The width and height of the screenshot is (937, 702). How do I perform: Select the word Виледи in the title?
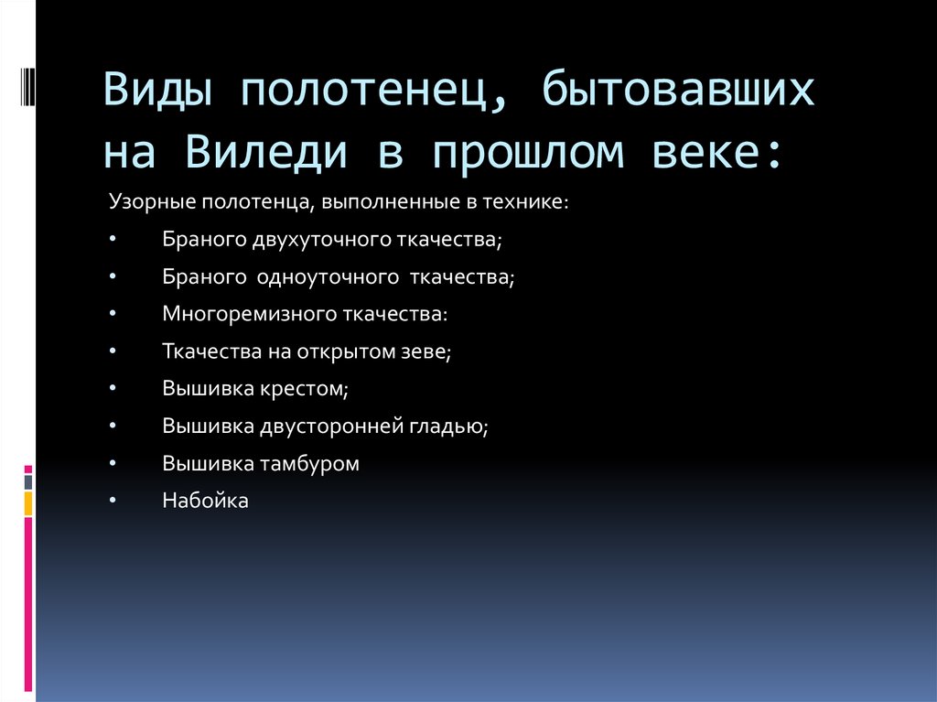point(269,152)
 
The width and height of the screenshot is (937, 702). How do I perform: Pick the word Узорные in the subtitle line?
point(145,200)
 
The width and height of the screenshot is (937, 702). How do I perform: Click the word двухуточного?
point(324,239)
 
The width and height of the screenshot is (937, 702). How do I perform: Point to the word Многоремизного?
point(238,314)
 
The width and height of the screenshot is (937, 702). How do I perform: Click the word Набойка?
point(205,502)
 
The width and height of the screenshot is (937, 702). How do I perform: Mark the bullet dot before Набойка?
point(112,502)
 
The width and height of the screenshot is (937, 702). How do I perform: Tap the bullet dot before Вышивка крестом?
point(112,389)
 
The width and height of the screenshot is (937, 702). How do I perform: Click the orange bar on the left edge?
point(28,502)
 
